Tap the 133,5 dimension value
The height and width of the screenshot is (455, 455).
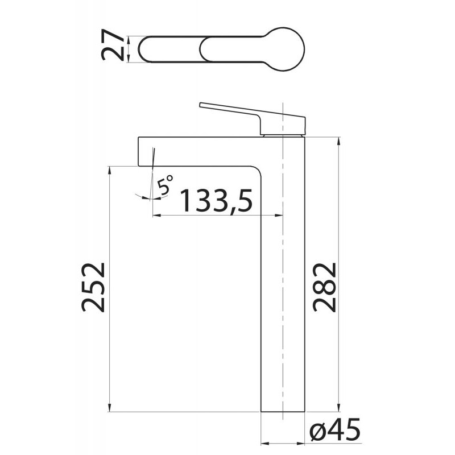pos(216,201)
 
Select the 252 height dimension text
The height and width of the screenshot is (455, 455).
pos(93,287)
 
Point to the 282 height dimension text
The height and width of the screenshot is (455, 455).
pos(324,287)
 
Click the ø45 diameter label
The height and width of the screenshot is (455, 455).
pos(334,430)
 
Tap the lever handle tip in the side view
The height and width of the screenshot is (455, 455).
pos(200,105)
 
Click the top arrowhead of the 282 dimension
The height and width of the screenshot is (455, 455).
pos(338,140)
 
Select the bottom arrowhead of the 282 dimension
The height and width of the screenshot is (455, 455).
pos(338,408)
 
